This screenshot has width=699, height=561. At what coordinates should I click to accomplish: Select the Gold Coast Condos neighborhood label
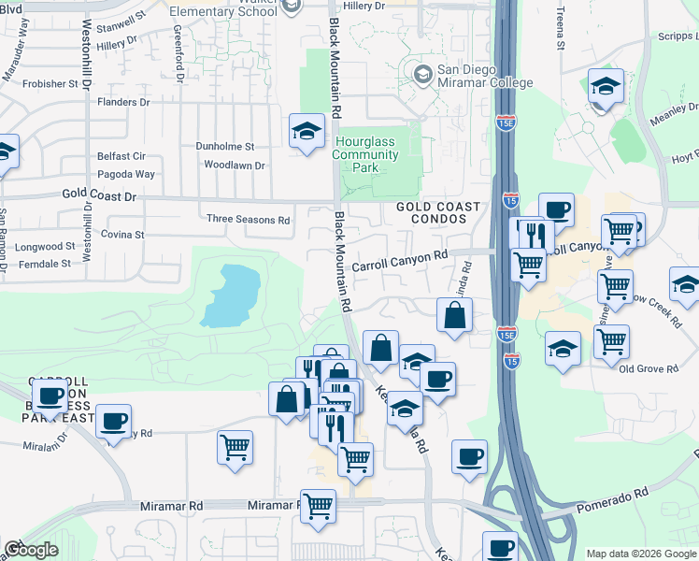[x=437, y=212]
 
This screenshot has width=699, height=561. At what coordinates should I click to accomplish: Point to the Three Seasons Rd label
[x=249, y=220]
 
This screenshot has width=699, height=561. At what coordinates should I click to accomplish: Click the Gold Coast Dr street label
[x=100, y=196]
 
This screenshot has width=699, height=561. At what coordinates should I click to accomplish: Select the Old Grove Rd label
[x=649, y=369]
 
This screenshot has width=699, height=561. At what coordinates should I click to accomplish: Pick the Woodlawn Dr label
[x=235, y=165]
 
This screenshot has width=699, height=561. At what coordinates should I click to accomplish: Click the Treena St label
[x=561, y=28]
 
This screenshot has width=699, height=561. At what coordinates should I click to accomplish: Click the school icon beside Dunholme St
[x=306, y=134]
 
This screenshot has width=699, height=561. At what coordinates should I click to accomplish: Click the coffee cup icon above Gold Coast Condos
[x=557, y=210]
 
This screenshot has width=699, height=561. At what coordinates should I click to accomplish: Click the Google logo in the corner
[x=31, y=550]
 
